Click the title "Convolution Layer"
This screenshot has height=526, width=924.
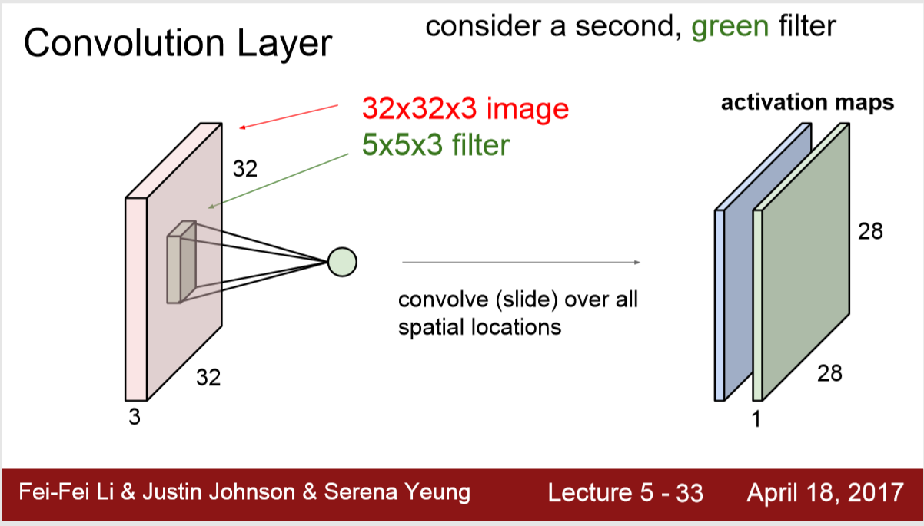click(x=178, y=45)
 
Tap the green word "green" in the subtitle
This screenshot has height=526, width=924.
click(x=730, y=27)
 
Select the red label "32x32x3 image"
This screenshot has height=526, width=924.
click(x=465, y=109)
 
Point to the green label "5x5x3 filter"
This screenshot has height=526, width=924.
click(x=436, y=144)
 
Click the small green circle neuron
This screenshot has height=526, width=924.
click(x=342, y=262)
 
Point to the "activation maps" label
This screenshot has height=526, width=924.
click(x=807, y=103)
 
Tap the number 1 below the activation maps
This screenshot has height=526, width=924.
click(x=755, y=419)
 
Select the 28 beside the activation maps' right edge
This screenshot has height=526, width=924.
click(x=871, y=231)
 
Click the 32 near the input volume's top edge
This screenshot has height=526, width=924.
click(x=244, y=169)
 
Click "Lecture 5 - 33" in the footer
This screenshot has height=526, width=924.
click(x=625, y=492)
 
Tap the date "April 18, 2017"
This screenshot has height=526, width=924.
click(x=825, y=492)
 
